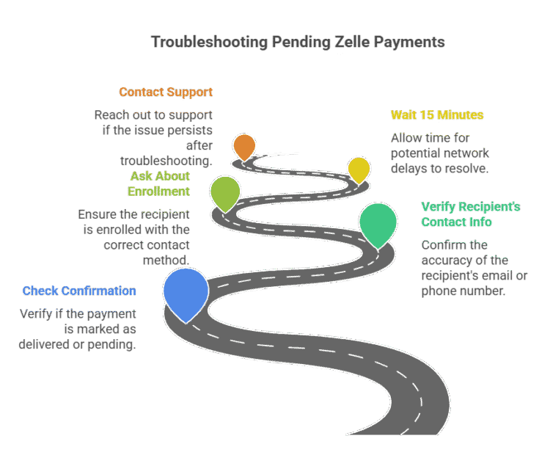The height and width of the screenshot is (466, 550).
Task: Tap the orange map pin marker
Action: (x=244, y=146)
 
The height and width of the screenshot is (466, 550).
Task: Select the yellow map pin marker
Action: (x=359, y=168)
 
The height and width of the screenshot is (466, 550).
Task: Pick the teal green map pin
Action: (x=378, y=223)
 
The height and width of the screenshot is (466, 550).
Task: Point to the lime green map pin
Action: (x=225, y=192)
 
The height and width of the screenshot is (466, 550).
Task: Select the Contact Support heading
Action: (x=166, y=92)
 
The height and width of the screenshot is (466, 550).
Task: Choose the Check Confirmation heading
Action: (x=79, y=291)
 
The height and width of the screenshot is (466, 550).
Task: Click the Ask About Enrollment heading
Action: (x=159, y=183)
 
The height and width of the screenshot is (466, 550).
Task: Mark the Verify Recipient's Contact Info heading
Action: (x=465, y=214)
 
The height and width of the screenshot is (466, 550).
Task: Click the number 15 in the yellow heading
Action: (x=426, y=115)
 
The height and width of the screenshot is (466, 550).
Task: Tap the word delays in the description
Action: (x=410, y=168)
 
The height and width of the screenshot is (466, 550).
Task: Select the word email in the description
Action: (x=486, y=276)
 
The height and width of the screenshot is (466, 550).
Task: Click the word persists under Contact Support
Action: (x=188, y=131)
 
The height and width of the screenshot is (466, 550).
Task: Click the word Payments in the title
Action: (x=409, y=42)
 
